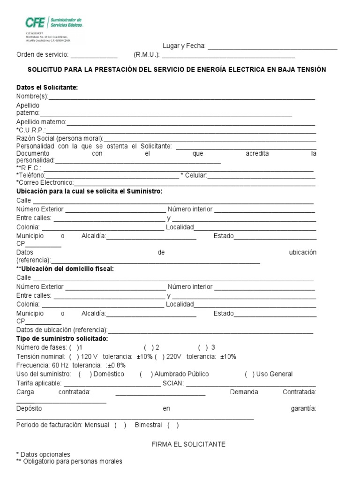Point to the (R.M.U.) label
pos(147,54)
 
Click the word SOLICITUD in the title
pos(45,69)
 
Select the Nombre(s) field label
pos(32,97)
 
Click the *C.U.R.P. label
pos(30,130)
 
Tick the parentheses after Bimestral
pos(172,425)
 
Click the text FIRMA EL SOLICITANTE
pos(188,444)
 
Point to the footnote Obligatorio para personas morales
pos(72,461)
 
